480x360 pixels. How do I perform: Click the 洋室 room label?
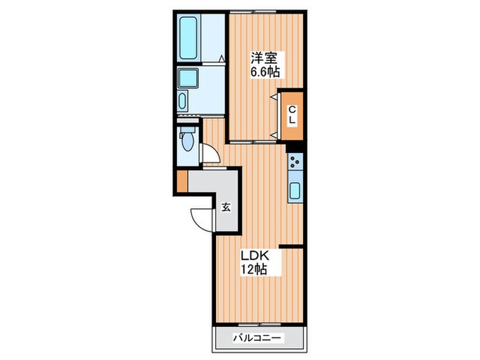[x=264, y=58]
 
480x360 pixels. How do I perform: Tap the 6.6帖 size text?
[x=265, y=72]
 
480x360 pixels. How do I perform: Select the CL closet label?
[x=293, y=115]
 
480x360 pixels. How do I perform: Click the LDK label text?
[x=254, y=255]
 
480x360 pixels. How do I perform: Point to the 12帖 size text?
[x=254, y=269]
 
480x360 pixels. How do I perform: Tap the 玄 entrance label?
[x=226, y=207]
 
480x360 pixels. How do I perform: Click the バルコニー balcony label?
[x=257, y=338]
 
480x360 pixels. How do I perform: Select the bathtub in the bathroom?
[x=188, y=38]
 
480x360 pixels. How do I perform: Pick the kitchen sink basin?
[x=295, y=191]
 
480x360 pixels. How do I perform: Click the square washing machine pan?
[x=188, y=77]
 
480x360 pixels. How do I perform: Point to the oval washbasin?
[x=182, y=101]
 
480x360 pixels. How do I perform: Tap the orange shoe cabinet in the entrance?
[x=182, y=181]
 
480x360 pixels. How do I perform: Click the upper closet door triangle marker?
[x=274, y=97]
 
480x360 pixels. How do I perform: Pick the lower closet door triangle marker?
[x=274, y=134]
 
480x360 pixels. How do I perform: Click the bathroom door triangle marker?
[x=221, y=58]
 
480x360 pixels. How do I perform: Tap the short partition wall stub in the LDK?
[x=291, y=246]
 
